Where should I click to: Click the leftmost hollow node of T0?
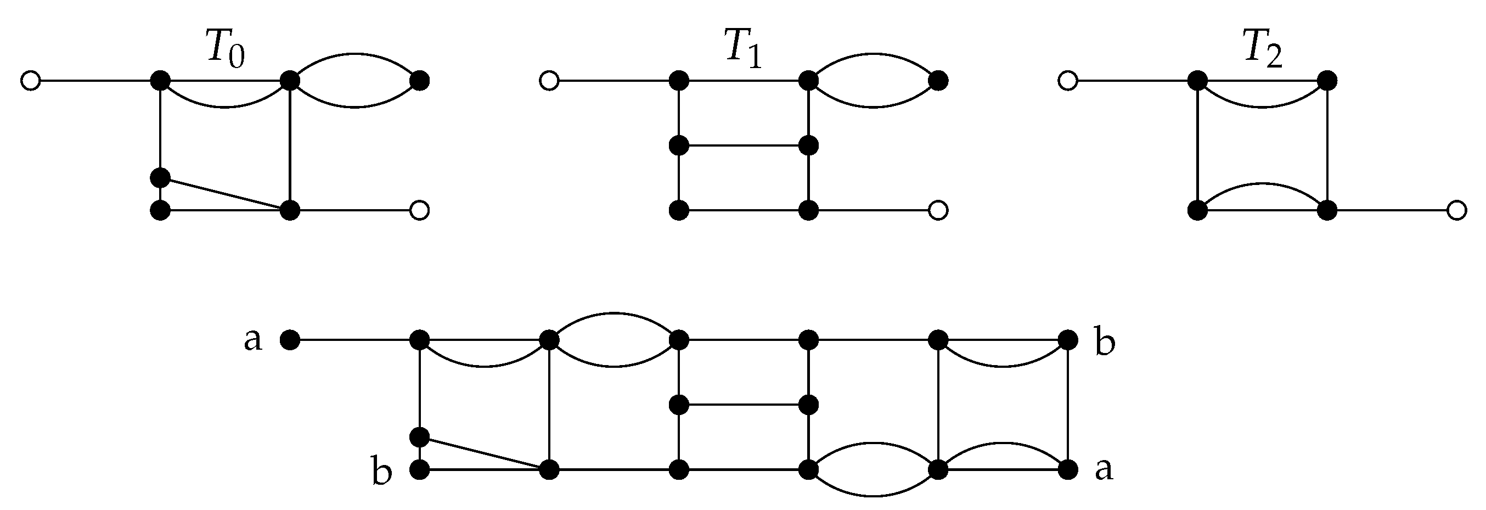click(x=30, y=81)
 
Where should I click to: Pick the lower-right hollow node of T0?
click(x=419, y=211)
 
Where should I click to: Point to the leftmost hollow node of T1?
click(x=549, y=81)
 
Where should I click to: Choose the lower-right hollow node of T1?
click(x=938, y=211)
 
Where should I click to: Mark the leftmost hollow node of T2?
click(x=1068, y=81)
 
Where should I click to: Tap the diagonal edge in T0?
click(x=225, y=194)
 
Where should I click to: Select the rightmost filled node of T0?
click(x=419, y=81)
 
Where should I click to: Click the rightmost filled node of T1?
click(x=938, y=81)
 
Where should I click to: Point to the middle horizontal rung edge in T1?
click(x=744, y=145)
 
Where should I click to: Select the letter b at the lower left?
click(x=381, y=473)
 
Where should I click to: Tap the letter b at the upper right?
click(x=1104, y=344)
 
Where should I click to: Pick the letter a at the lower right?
click(x=1104, y=469)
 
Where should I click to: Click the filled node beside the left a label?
click(x=290, y=340)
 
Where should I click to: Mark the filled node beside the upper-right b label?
click(x=1068, y=340)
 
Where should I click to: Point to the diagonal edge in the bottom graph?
click(x=485, y=453)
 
